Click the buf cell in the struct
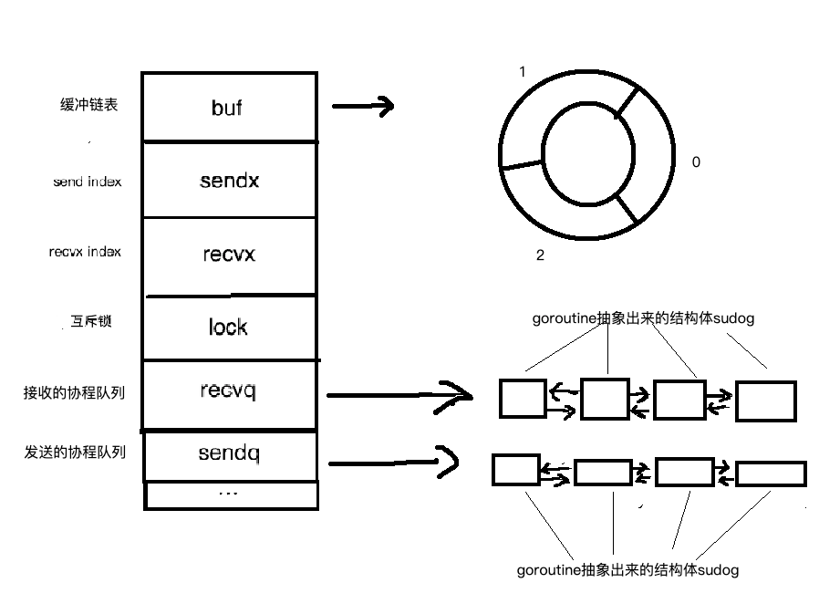tap(229, 107)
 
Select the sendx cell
tap(229, 180)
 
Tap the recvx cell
tap(229, 255)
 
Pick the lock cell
tap(229, 327)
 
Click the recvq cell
tap(229, 392)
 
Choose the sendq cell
tap(229, 453)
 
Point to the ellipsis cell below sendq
tap(231, 494)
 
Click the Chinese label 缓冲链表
tap(88, 105)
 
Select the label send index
tap(87, 182)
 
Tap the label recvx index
tap(85, 252)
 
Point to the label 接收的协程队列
tap(74, 393)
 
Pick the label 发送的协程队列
tap(74, 453)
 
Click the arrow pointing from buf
tap(362, 107)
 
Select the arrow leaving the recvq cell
tap(398, 394)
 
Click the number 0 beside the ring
tap(696, 162)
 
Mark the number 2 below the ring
tap(540, 256)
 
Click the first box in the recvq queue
tap(523, 399)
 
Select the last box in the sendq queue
tap(771, 474)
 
